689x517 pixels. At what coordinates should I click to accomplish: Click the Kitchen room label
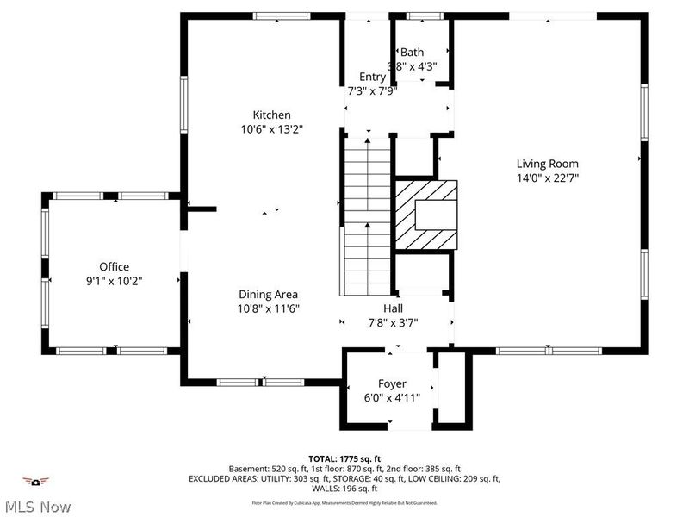point(271,115)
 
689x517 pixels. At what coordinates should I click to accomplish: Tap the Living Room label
point(547,164)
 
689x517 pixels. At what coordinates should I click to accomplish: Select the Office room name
point(114,267)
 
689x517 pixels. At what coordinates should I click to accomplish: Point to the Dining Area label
point(268,295)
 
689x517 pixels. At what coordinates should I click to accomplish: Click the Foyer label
point(392,383)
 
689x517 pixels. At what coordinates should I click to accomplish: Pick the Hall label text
point(393,308)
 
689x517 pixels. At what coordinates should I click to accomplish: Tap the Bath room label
point(413,53)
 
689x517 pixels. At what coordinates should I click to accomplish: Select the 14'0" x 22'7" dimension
point(547,178)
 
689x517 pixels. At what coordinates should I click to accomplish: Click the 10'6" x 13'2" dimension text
point(271,129)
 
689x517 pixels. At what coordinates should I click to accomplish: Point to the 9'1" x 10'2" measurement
point(114,281)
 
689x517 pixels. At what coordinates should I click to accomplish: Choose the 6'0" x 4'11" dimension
point(392,397)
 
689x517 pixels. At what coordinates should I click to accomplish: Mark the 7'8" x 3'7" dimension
point(393,322)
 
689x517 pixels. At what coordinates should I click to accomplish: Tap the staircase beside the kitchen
point(368,220)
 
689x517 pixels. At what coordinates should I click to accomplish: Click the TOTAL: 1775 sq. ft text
point(344,458)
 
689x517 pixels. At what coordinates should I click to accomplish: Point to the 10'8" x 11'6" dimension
point(268,308)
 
